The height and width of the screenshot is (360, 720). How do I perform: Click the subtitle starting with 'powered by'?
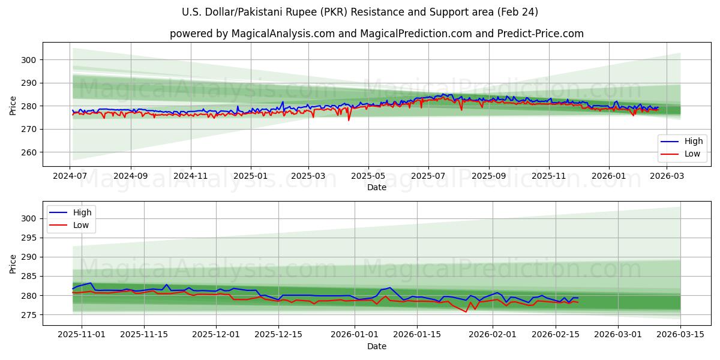coord(376,34)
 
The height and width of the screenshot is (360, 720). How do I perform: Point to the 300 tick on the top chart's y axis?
coord(29,60)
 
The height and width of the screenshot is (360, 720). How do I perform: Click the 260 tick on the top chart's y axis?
coord(29,152)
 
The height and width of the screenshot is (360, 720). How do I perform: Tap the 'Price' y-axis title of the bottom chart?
coord(13,263)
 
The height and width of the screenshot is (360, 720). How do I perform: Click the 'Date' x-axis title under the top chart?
coord(376,188)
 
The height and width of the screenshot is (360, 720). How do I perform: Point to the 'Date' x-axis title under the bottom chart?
coord(376,346)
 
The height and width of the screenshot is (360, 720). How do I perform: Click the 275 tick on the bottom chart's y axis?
coord(29,315)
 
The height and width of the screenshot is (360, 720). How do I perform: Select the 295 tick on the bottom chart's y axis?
coord(29,238)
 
